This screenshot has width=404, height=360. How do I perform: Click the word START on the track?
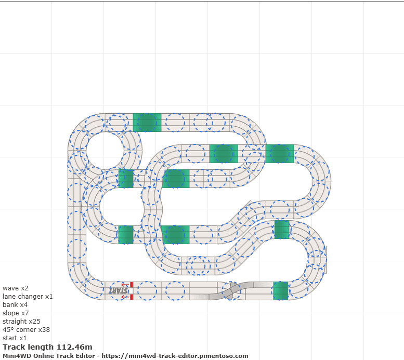pyautogui.click(x=118, y=291)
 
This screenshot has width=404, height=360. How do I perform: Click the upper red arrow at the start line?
pyautogui.click(x=125, y=285)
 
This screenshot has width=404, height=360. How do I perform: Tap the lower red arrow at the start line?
pyautogui.click(x=125, y=297)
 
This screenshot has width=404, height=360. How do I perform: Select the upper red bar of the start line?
pyautogui.click(x=132, y=285)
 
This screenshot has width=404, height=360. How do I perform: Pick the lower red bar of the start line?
pyautogui.click(x=132, y=297)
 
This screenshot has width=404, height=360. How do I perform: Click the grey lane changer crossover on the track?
pyautogui.click(x=231, y=291)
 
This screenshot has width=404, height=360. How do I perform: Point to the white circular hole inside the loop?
pyautogui.click(x=105, y=151)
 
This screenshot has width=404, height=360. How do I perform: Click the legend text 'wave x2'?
pyautogui.click(x=16, y=288)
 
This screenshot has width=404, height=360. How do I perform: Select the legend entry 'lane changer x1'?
pyautogui.click(x=28, y=297)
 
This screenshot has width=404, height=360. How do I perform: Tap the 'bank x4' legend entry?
pyautogui.click(x=15, y=304)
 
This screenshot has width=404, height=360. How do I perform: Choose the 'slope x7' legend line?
pyautogui.click(x=16, y=313)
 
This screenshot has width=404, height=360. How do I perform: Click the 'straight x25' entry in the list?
pyautogui.click(x=22, y=322)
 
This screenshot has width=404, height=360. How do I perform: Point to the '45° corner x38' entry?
pyautogui.click(x=27, y=330)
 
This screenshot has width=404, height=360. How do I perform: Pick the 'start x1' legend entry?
pyautogui.click(x=15, y=338)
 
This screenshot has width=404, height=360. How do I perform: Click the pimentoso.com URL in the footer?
pyautogui.click(x=175, y=356)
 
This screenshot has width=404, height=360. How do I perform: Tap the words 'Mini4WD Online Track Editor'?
pyautogui.click(x=49, y=356)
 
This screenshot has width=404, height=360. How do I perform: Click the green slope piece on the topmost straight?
pyautogui.click(x=147, y=123)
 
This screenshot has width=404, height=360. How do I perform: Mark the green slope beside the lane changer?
pyautogui.click(x=281, y=291)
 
